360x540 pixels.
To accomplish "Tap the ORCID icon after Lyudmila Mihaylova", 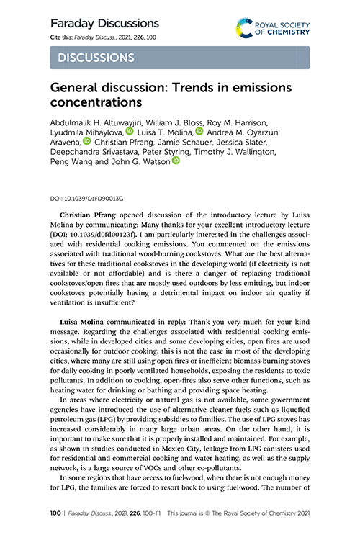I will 130,132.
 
